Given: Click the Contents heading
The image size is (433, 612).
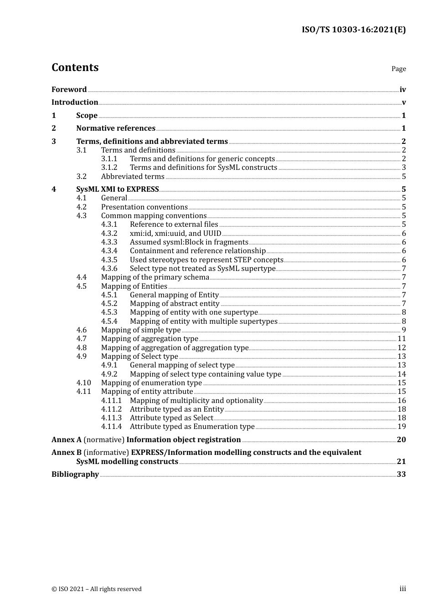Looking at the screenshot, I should click(x=75, y=67).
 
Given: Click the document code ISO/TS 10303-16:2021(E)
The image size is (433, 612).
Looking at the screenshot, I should click(x=353, y=30).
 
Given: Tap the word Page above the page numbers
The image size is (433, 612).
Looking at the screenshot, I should click(x=398, y=69).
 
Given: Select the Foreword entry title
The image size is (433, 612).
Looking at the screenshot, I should click(x=69, y=90).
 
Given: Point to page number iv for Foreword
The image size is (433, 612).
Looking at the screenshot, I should click(x=402, y=90).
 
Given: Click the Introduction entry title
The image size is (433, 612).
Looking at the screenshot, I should click(x=75, y=102).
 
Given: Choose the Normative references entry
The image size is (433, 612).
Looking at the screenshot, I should click(x=116, y=128).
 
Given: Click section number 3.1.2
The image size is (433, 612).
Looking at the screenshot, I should click(x=109, y=168).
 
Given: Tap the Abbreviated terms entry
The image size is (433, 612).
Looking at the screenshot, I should click(x=133, y=177).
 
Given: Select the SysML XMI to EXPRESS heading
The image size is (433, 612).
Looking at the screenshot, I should click(x=118, y=189).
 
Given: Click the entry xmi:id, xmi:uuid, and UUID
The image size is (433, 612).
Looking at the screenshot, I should click(x=175, y=234).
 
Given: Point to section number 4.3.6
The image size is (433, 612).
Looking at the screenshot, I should click(x=109, y=269).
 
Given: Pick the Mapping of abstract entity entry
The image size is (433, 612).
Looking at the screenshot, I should click(x=175, y=304).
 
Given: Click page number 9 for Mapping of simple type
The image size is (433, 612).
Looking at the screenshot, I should click(x=404, y=330).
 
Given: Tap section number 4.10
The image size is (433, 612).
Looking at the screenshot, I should click(x=84, y=383).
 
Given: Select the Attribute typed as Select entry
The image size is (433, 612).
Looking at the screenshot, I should click(x=171, y=418).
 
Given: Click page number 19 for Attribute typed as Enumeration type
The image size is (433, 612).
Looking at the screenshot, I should click(x=402, y=427).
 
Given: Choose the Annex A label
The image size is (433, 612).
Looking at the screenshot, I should click(x=67, y=440).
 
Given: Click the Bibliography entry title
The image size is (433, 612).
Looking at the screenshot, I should click(x=75, y=474).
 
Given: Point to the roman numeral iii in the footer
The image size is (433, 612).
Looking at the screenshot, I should click(x=402, y=589).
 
